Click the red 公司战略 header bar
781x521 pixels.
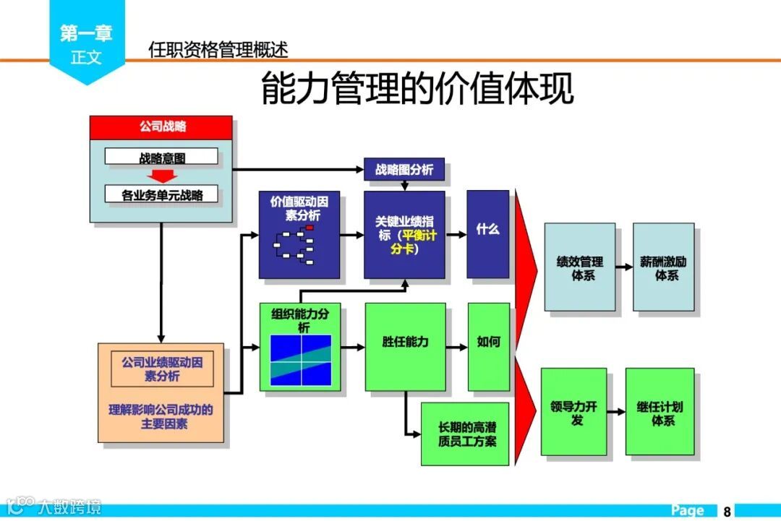(x=161, y=127)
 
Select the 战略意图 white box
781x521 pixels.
(x=161, y=157)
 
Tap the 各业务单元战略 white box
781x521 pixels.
(x=161, y=194)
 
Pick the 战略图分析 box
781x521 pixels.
(x=404, y=169)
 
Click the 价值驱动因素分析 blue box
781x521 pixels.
(x=299, y=235)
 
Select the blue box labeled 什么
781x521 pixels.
(x=487, y=234)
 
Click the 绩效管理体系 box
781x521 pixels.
(x=579, y=267)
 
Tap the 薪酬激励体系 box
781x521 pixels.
(x=663, y=267)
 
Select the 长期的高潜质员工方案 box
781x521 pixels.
(x=465, y=434)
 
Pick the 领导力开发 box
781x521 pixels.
(x=573, y=411)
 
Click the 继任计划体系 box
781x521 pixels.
(x=660, y=411)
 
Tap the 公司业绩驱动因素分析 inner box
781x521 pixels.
(x=161, y=369)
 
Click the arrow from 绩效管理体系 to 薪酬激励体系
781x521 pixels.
(x=624, y=267)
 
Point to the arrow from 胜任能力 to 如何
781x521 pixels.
(x=456, y=347)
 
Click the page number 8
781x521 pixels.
(x=727, y=511)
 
